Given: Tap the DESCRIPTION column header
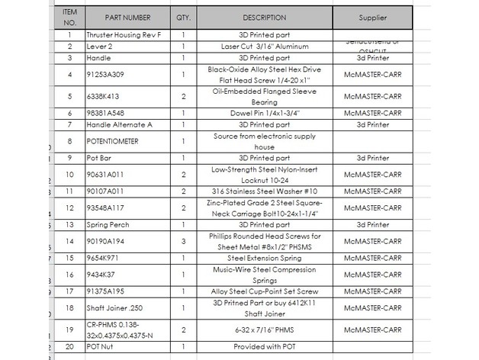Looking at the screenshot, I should tap(265, 17).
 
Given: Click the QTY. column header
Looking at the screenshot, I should tap(184, 17).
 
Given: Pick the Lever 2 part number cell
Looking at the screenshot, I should tap(99, 46).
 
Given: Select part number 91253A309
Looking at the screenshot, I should tap(106, 74).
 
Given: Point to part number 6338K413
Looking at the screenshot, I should tap(104, 97).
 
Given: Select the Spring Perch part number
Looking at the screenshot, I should tap(108, 225).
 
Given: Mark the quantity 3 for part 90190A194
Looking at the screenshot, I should tap(184, 241).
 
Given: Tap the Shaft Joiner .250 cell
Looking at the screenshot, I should tap(112, 307).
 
